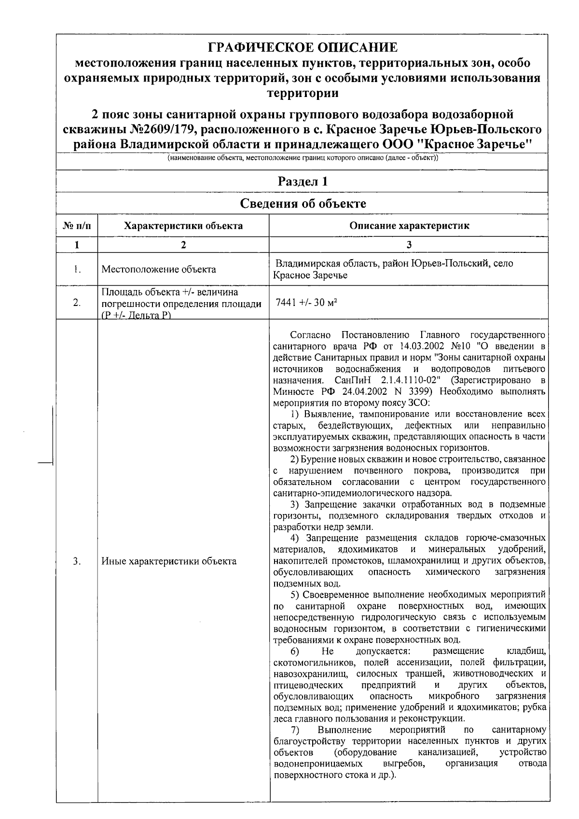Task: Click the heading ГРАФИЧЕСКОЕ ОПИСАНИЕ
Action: [303, 48]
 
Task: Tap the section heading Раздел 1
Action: [303, 182]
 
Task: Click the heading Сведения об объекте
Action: [303, 203]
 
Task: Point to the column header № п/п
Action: [77, 226]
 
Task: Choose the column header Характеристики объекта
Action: [183, 226]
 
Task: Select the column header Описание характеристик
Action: [409, 226]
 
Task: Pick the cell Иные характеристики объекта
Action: [169, 561]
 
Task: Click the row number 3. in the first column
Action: [77, 561]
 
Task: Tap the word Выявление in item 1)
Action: [326, 414]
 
